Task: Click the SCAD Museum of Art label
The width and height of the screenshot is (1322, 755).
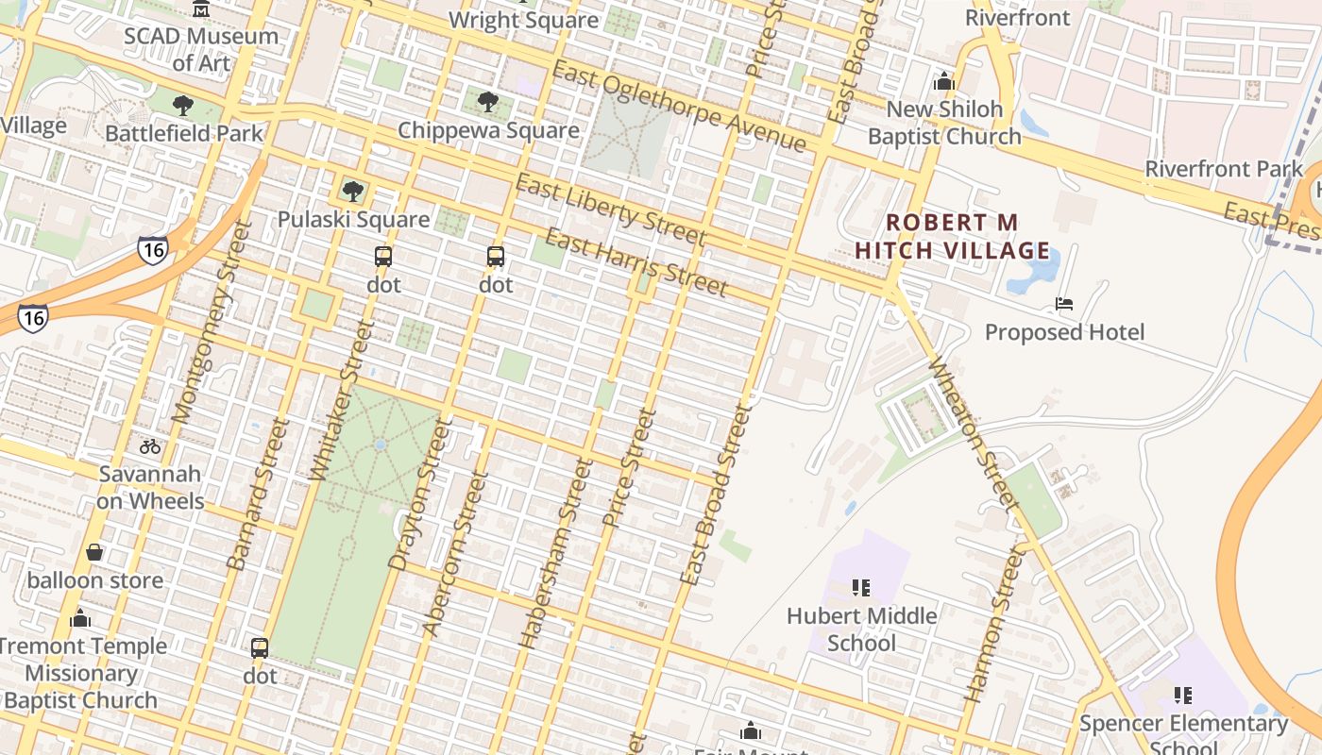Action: coord(201,49)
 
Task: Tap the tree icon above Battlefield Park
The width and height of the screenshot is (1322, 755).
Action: coord(183,105)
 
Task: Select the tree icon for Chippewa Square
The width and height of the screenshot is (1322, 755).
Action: coord(487,102)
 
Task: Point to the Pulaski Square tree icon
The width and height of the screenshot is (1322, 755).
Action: coord(353,192)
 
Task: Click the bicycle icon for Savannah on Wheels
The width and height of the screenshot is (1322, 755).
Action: coord(150,446)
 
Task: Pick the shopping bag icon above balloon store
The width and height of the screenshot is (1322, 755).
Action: coord(94,552)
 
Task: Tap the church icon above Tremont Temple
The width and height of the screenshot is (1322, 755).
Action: coord(80,619)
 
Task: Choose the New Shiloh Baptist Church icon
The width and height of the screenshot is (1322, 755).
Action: coord(943,82)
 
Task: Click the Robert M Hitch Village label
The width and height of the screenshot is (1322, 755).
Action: coord(953,236)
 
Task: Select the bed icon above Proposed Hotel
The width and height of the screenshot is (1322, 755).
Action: coord(1064,304)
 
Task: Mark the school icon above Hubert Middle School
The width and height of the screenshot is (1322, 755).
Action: coord(861,588)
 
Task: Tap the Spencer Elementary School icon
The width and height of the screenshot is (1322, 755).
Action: coord(1182,696)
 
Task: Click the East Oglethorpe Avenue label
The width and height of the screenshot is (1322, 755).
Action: coord(679,106)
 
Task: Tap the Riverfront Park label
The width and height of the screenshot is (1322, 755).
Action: coord(1223,169)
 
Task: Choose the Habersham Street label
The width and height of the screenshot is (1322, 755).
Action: coord(555,552)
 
